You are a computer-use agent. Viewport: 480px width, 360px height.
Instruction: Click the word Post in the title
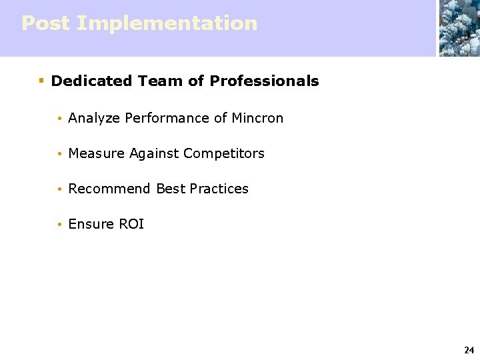[x=45, y=23]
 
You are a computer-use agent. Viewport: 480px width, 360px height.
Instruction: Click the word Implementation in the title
[x=167, y=23]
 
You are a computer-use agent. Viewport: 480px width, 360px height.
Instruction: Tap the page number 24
[x=469, y=350]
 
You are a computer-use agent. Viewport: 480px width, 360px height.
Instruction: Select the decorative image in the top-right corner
[x=459, y=28]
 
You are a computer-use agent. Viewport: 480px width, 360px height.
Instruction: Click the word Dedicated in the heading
[x=91, y=81]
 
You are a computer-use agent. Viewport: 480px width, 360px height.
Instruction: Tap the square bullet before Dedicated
[x=41, y=81]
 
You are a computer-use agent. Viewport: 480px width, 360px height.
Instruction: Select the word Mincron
[x=257, y=118]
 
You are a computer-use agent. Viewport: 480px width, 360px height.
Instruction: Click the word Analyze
[x=94, y=119]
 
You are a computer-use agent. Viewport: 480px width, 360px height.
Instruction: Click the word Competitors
[x=223, y=153]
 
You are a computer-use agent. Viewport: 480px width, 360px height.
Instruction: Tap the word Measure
[x=97, y=153]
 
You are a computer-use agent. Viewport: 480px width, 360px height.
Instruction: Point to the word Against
[x=154, y=154]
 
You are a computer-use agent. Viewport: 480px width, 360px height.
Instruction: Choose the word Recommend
[x=109, y=189]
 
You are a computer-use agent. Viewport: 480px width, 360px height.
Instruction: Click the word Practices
[x=219, y=189]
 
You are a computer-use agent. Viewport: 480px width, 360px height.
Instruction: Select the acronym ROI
[x=131, y=224]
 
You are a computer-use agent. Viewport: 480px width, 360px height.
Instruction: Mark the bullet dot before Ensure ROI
[x=59, y=225]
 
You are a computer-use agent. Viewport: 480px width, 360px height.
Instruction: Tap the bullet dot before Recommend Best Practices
[x=59, y=189]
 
